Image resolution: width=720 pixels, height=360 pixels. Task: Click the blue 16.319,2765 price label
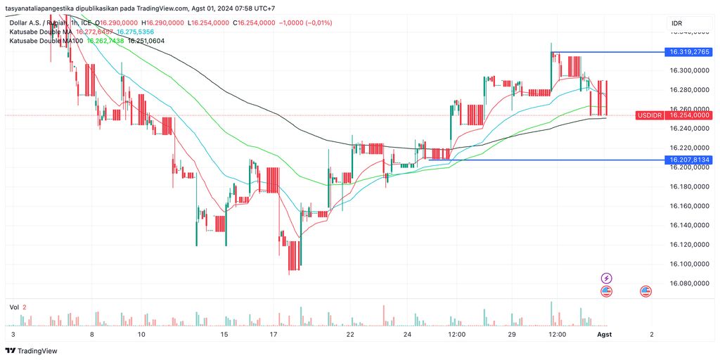pyautogui.click(x=690, y=52)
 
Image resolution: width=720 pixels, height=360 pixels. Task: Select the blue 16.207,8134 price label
pyautogui.click(x=690, y=160)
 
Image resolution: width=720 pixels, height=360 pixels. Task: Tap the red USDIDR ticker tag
pyautogui.click(x=649, y=115)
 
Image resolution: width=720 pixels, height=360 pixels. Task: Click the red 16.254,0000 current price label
pyautogui.click(x=690, y=115)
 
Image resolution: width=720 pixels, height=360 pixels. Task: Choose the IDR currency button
pyautogui.click(x=677, y=23)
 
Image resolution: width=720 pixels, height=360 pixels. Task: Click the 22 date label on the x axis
pyautogui.click(x=350, y=335)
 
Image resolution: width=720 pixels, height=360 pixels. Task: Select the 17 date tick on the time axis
pyautogui.click(x=272, y=335)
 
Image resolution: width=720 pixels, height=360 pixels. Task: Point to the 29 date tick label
pyautogui.click(x=513, y=335)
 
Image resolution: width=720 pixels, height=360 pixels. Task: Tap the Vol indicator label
pyautogui.click(x=13, y=307)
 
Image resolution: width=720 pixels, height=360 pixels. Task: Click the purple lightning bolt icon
pyautogui.click(x=606, y=278)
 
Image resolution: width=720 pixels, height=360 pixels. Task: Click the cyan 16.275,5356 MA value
pyautogui.click(x=135, y=32)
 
